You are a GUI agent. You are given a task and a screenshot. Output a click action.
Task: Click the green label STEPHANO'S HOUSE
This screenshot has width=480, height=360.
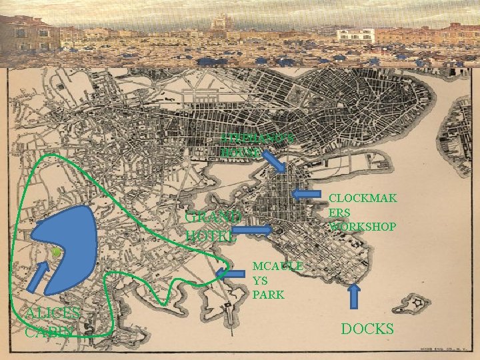pyautogui.click(x=248, y=145)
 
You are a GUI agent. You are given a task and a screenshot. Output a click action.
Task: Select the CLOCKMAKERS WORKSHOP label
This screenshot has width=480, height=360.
pyautogui.click(x=363, y=212)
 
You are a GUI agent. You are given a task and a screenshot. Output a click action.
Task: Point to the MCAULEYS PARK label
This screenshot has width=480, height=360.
pyautogui.click(x=277, y=279)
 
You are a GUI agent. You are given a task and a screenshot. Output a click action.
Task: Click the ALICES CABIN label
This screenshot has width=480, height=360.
pyautogui.click(x=52, y=322)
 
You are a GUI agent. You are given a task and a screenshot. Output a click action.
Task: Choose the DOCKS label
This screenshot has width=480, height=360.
pyautogui.click(x=367, y=328)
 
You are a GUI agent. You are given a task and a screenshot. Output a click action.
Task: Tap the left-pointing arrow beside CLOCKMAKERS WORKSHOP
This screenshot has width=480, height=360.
pyautogui.click(x=306, y=194)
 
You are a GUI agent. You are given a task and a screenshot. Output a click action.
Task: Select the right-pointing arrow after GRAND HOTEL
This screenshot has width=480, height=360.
pyautogui.click(x=252, y=231)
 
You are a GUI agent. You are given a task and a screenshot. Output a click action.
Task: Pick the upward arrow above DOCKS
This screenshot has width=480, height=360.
pyautogui.click(x=354, y=296)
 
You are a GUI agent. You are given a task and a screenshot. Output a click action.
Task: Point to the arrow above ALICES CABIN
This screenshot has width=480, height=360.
pyautogui.click(x=38, y=277)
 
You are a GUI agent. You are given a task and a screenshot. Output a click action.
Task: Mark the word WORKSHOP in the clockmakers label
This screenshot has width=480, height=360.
pyautogui.click(x=363, y=227)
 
